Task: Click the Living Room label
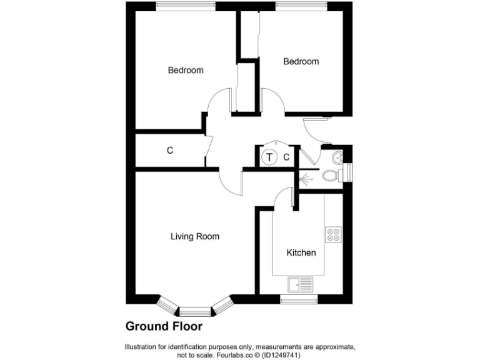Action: [x=195, y=237]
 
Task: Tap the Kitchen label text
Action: [x=301, y=253]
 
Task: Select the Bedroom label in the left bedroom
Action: [x=186, y=70]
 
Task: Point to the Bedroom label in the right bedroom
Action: [x=301, y=61]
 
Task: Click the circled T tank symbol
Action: [x=269, y=157]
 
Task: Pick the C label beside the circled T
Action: [x=286, y=157]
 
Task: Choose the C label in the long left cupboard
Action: [x=169, y=151]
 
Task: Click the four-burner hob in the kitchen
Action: [x=333, y=234]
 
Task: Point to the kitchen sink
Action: [x=301, y=285]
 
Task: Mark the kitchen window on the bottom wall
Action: [x=299, y=300]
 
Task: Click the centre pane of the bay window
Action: [x=195, y=311]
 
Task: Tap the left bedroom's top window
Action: [x=186, y=6]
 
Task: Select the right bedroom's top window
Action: [x=301, y=6]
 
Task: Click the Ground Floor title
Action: [x=164, y=326]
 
